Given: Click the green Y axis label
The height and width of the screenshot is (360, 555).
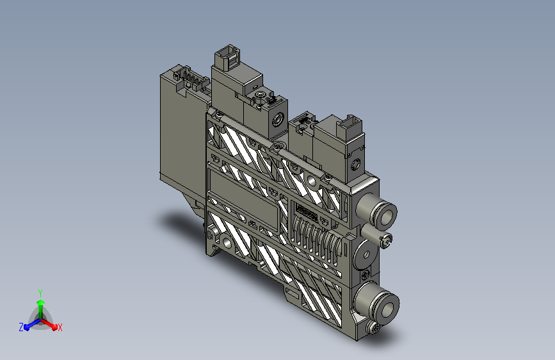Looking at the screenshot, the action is [x=40, y=293].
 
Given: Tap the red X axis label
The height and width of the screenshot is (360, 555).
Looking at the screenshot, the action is [x=60, y=327].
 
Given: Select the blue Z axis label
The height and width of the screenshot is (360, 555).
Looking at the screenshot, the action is [x=21, y=327].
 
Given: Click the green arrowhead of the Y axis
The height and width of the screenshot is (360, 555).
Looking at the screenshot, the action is [x=40, y=302].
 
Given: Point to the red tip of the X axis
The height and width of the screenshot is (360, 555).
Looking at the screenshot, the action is [x=54, y=327].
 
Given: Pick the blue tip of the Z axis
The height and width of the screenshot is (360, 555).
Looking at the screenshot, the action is [x=26, y=327].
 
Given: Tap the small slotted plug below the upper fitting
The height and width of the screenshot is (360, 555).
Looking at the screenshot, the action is [x=386, y=240].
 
